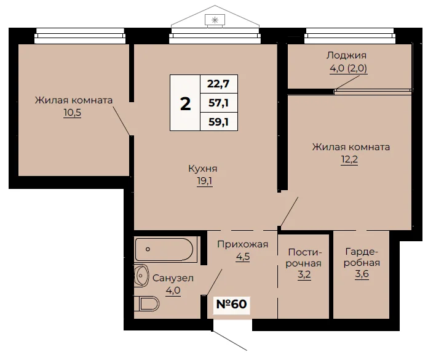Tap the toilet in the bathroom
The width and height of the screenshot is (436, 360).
point(146,303)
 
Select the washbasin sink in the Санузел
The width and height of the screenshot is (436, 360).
point(141,276)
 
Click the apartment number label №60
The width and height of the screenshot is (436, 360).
point(231,304)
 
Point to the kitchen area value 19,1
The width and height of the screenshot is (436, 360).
point(205,181)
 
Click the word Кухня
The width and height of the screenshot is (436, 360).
point(203,169)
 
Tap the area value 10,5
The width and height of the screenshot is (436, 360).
point(73,113)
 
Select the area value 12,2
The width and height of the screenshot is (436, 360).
point(349,159)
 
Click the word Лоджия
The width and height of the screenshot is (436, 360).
point(346,55)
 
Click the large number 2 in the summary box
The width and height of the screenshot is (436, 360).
point(186,104)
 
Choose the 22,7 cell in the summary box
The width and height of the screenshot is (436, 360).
point(218,84)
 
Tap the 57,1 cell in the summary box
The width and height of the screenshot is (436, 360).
point(218,103)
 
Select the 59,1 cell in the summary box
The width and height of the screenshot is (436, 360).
point(218,122)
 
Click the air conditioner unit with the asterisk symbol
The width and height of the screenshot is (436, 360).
point(215,20)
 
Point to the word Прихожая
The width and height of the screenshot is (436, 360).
point(243,244)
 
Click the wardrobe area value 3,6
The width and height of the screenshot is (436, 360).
point(362,274)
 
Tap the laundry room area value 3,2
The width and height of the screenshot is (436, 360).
point(304,274)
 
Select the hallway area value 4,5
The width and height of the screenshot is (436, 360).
point(243,257)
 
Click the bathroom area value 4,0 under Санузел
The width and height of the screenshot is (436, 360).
point(173,290)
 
